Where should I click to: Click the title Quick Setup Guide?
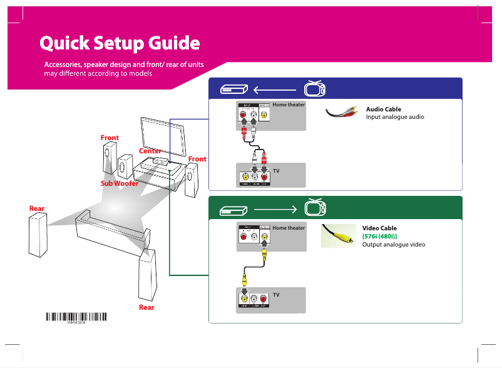[120, 43]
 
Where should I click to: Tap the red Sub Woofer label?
[120, 183]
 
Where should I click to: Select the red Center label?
[150, 151]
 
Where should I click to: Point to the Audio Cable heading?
[383, 110]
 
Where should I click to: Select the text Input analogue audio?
[395, 118]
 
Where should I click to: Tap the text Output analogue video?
[394, 244]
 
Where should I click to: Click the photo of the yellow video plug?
[338, 235]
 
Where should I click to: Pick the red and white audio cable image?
[342, 113]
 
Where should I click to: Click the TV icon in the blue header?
[315, 89]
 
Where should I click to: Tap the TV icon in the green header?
[315, 207]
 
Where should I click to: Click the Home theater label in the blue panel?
[289, 105]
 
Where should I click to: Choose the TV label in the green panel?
[276, 294]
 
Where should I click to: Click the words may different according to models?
[98, 73]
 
